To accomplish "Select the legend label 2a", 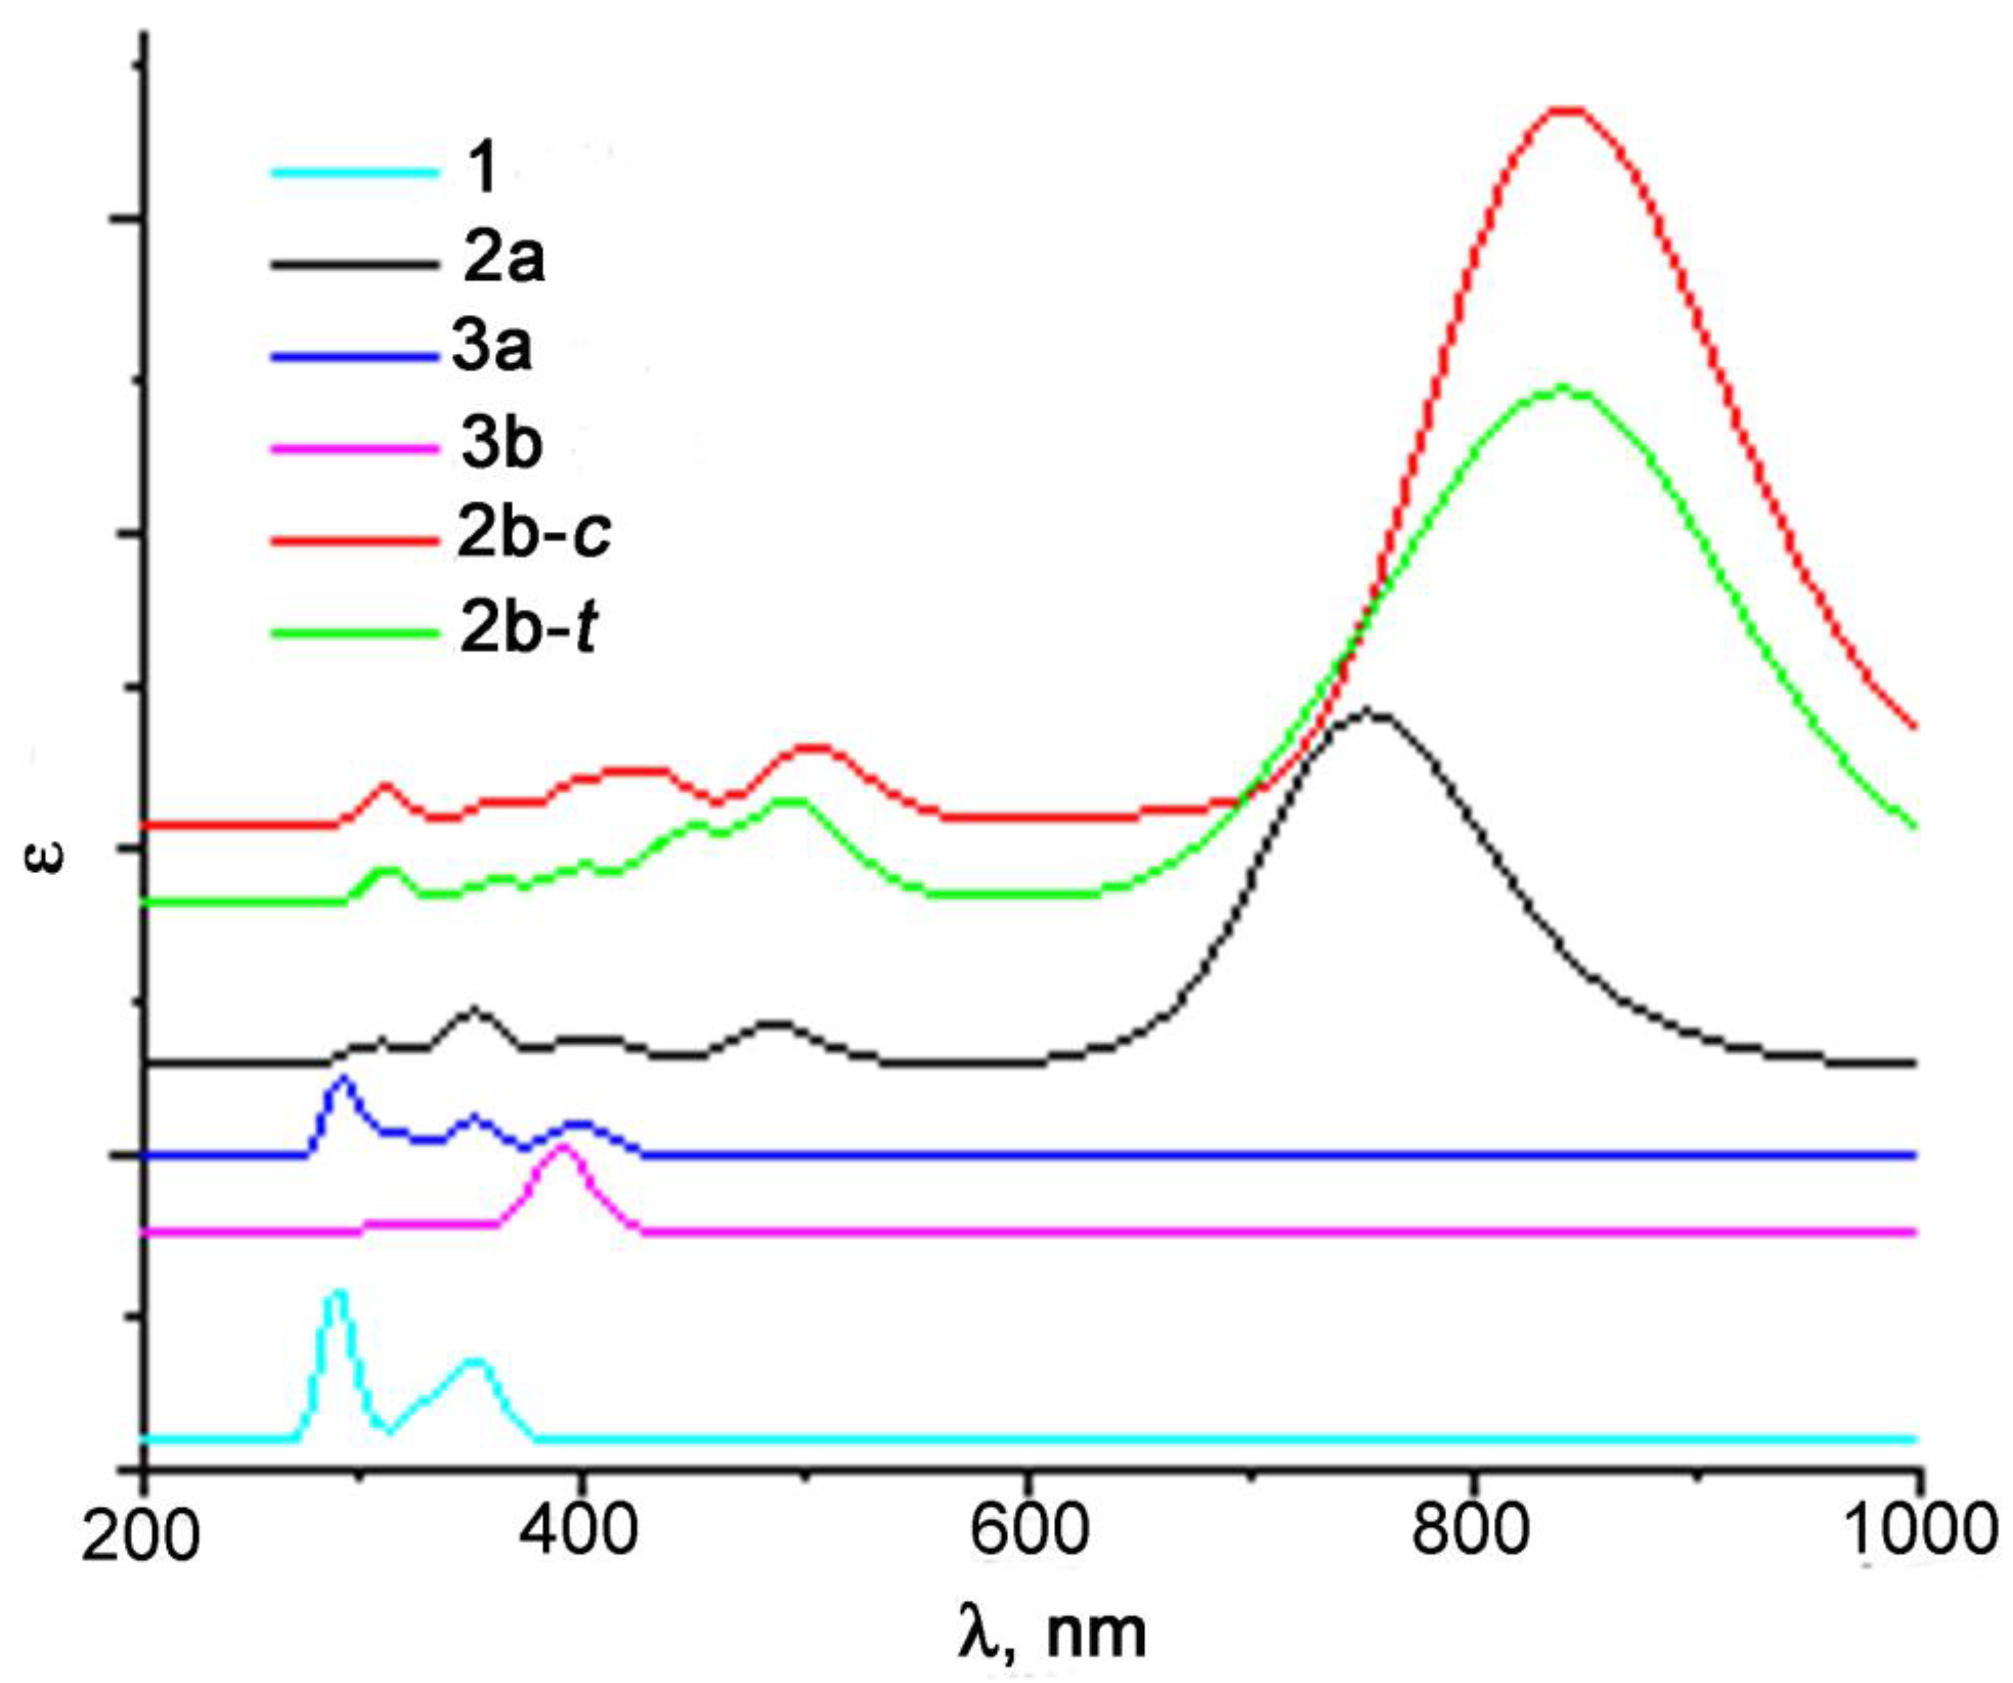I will point(503,260).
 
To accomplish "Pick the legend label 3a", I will point(491,349).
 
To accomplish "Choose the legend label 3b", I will point(501,443).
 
